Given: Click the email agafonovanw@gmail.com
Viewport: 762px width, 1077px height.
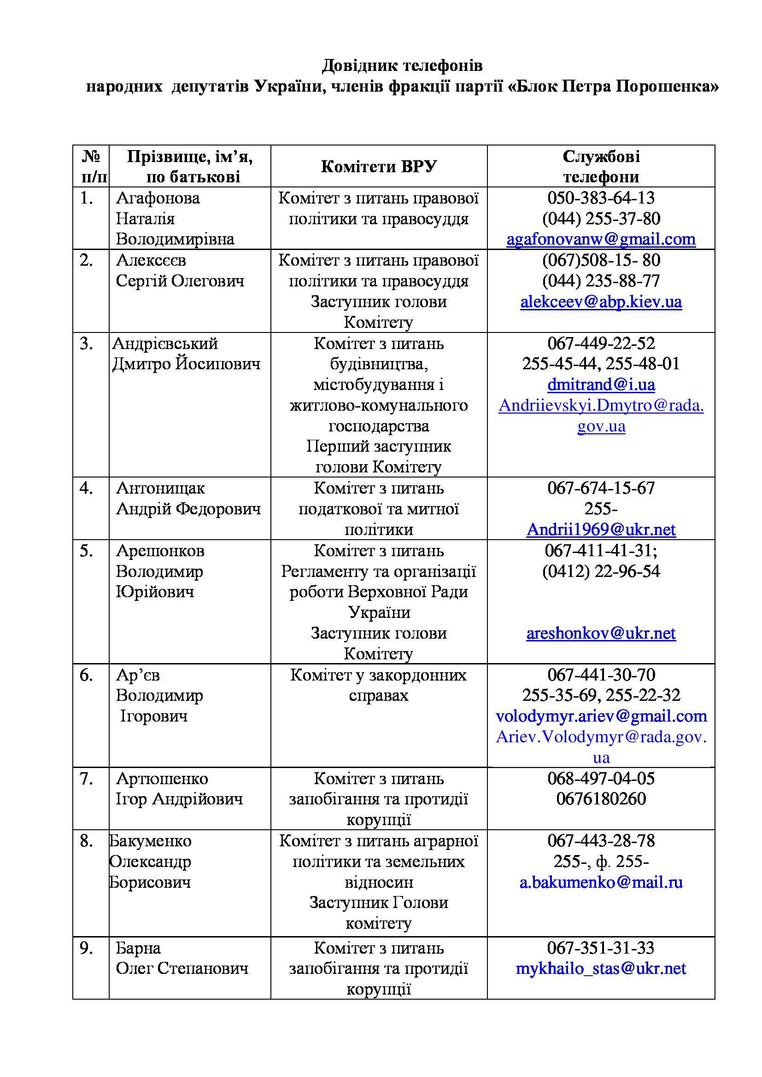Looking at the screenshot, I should click(x=601, y=240).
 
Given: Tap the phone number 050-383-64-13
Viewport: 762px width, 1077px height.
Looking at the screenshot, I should click(x=601, y=198).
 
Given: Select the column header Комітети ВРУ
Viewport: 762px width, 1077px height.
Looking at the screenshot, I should click(x=379, y=167).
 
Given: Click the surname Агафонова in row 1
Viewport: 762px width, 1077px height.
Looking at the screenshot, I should click(x=158, y=198).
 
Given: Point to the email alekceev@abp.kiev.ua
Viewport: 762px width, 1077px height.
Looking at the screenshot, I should click(x=601, y=302).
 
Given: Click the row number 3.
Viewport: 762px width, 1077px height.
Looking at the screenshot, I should click(x=86, y=343).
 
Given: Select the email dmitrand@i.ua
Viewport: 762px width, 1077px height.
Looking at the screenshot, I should click(x=601, y=384).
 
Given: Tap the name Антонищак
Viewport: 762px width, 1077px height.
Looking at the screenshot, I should click(x=160, y=488).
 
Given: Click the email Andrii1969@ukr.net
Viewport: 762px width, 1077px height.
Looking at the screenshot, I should click(x=601, y=530).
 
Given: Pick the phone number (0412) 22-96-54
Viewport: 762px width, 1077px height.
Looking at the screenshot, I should click(x=601, y=571).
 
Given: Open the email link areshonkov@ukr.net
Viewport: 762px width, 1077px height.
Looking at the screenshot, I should click(x=601, y=633).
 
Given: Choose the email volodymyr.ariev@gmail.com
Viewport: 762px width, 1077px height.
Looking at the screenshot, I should click(x=601, y=716).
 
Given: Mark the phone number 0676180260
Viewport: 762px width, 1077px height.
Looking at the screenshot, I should click(x=601, y=799).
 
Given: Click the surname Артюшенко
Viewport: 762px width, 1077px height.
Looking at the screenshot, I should click(x=162, y=779).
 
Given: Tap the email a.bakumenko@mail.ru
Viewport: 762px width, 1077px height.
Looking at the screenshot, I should click(x=601, y=882).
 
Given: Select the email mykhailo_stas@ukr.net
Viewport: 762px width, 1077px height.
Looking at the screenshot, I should click(x=601, y=969).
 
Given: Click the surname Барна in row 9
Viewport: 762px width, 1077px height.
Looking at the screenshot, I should click(x=138, y=948).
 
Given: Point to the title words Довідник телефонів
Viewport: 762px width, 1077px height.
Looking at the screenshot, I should click(x=402, y=66).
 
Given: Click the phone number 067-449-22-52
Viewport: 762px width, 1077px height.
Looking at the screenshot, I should click(x=601, y=343).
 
